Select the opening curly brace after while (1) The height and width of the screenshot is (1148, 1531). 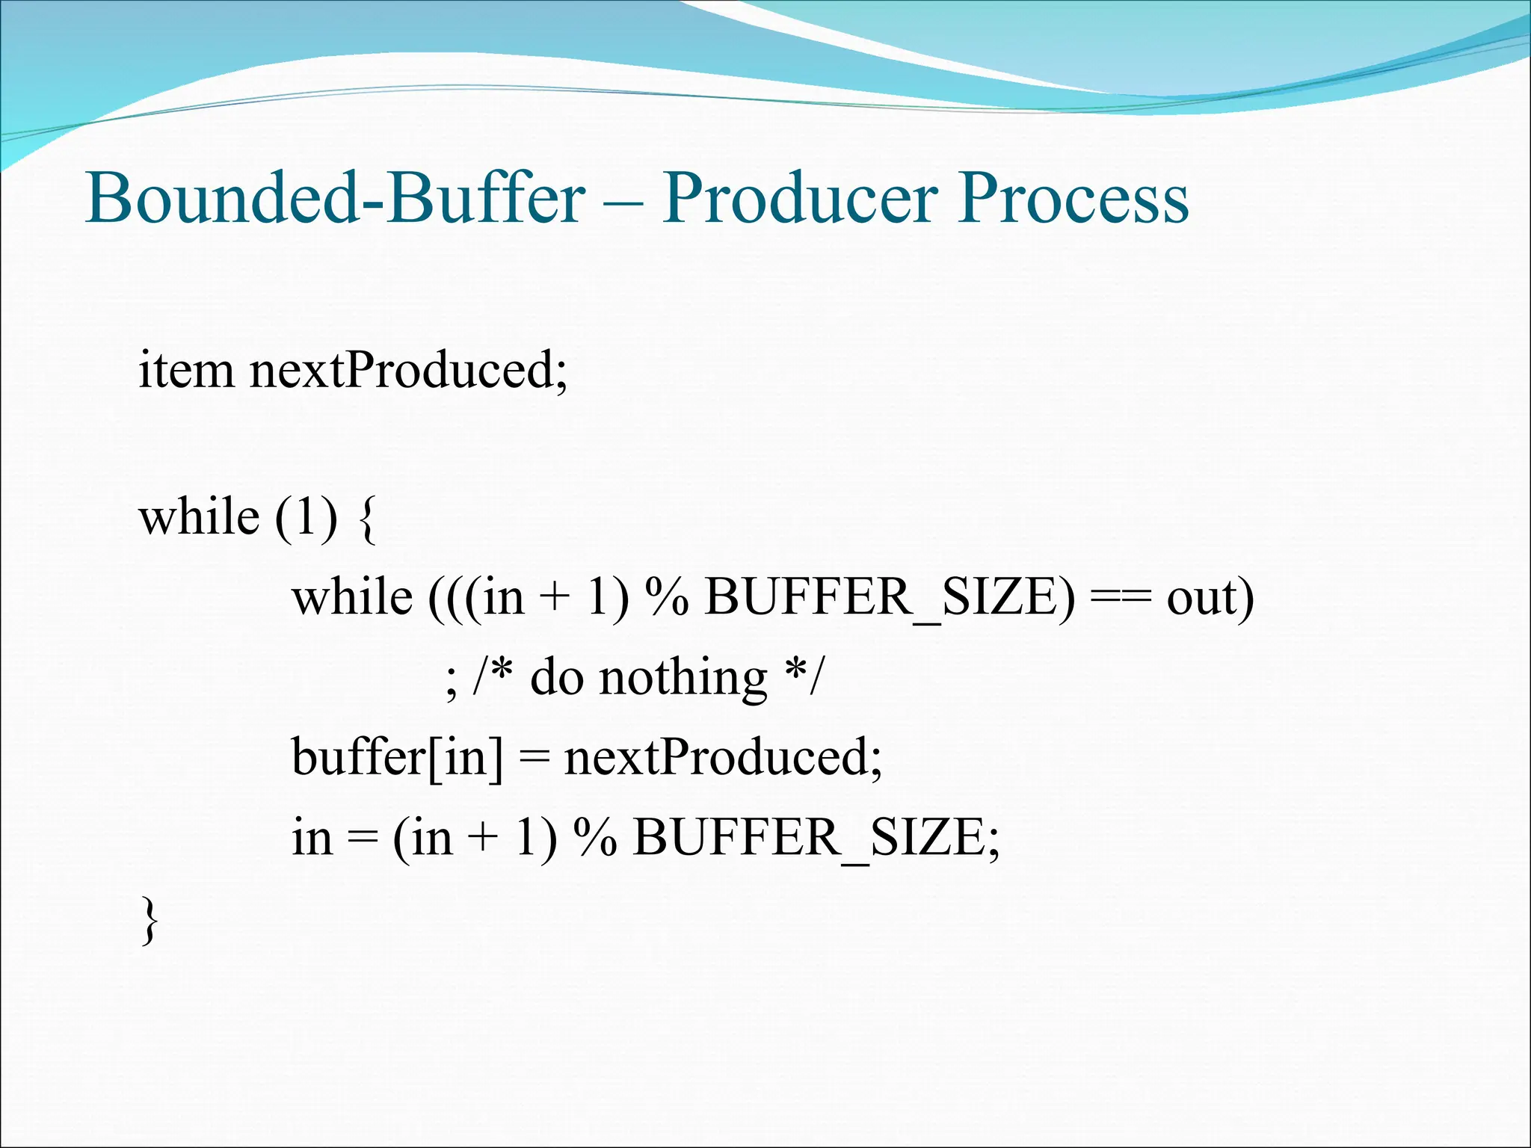coord(367,518)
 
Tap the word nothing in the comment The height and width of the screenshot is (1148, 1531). coord(683,679)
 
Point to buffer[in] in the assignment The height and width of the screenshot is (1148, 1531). coord(397,757)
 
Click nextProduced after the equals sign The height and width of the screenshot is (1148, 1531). coord(722,757)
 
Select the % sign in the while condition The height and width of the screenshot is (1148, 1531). coord(667,598)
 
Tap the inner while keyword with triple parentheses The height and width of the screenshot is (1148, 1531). coord(352,598)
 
